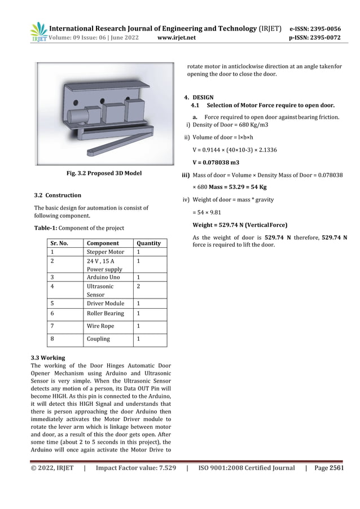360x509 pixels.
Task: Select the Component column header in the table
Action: coord(102,243)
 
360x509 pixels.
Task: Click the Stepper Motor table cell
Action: coord(105,252)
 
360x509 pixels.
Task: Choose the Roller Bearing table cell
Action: coord(105,313)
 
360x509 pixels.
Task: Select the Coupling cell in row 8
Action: coord(98,339)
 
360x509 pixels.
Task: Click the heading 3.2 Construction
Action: coord(58,195)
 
